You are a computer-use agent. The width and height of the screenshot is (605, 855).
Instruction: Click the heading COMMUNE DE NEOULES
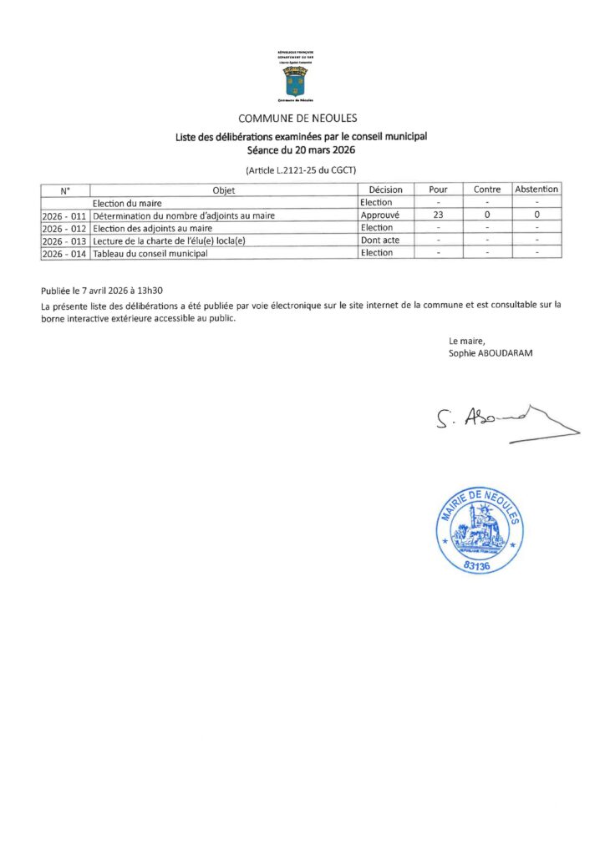(x=297, y=119)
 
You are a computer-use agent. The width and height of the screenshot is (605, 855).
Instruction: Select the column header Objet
(x=224, y=190)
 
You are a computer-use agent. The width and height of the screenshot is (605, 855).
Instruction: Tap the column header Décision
(x=385, y=190)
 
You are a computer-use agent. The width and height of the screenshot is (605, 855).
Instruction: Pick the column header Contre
(x=487, y=190)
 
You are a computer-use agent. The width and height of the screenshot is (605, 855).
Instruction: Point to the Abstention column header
(x=536, y=190)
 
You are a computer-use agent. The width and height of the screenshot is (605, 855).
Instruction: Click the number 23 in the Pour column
(x=438, y=215)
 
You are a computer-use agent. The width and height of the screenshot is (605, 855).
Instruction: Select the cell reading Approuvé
(x=380, y=215)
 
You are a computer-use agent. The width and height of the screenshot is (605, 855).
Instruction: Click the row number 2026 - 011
(x=64, y=215)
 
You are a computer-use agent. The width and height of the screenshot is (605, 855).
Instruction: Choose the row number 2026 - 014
(x=64, y=253)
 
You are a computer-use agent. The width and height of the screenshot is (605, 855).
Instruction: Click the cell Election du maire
(x=127, y=203)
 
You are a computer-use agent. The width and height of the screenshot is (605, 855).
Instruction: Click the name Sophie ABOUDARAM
(x=491, y=353)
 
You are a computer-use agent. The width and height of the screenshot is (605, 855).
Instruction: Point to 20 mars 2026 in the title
(x=320, y=152)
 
